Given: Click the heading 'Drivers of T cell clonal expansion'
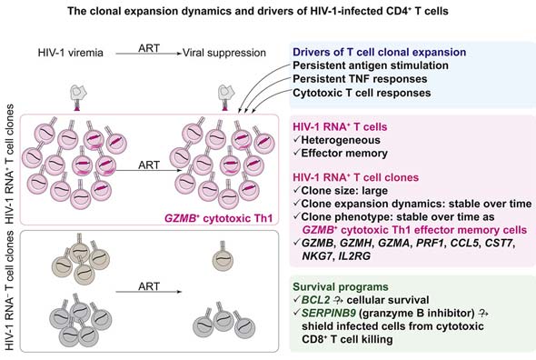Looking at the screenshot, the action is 380,52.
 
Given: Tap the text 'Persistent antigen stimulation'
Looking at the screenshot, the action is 371,65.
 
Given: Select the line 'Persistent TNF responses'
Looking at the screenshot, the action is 360,79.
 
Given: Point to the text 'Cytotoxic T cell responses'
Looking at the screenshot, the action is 362,93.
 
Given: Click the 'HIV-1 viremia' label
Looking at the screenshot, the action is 71,53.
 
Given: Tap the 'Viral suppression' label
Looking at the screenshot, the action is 224,53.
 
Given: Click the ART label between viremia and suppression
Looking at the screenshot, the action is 149,48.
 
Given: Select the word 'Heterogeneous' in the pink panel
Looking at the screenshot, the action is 341,140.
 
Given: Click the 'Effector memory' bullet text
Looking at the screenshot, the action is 344,154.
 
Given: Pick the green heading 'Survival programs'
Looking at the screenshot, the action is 341,286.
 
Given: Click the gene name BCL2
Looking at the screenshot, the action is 315,300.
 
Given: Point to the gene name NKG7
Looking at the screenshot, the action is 317,256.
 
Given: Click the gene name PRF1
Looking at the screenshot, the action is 430,243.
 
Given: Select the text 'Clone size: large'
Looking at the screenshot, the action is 344,191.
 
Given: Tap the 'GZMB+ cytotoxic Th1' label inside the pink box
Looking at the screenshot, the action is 219,218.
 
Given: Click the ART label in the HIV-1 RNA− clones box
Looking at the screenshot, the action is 149,286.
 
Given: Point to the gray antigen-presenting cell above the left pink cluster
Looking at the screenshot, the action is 78,93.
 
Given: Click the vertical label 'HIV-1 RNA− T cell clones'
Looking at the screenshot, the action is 10,291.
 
